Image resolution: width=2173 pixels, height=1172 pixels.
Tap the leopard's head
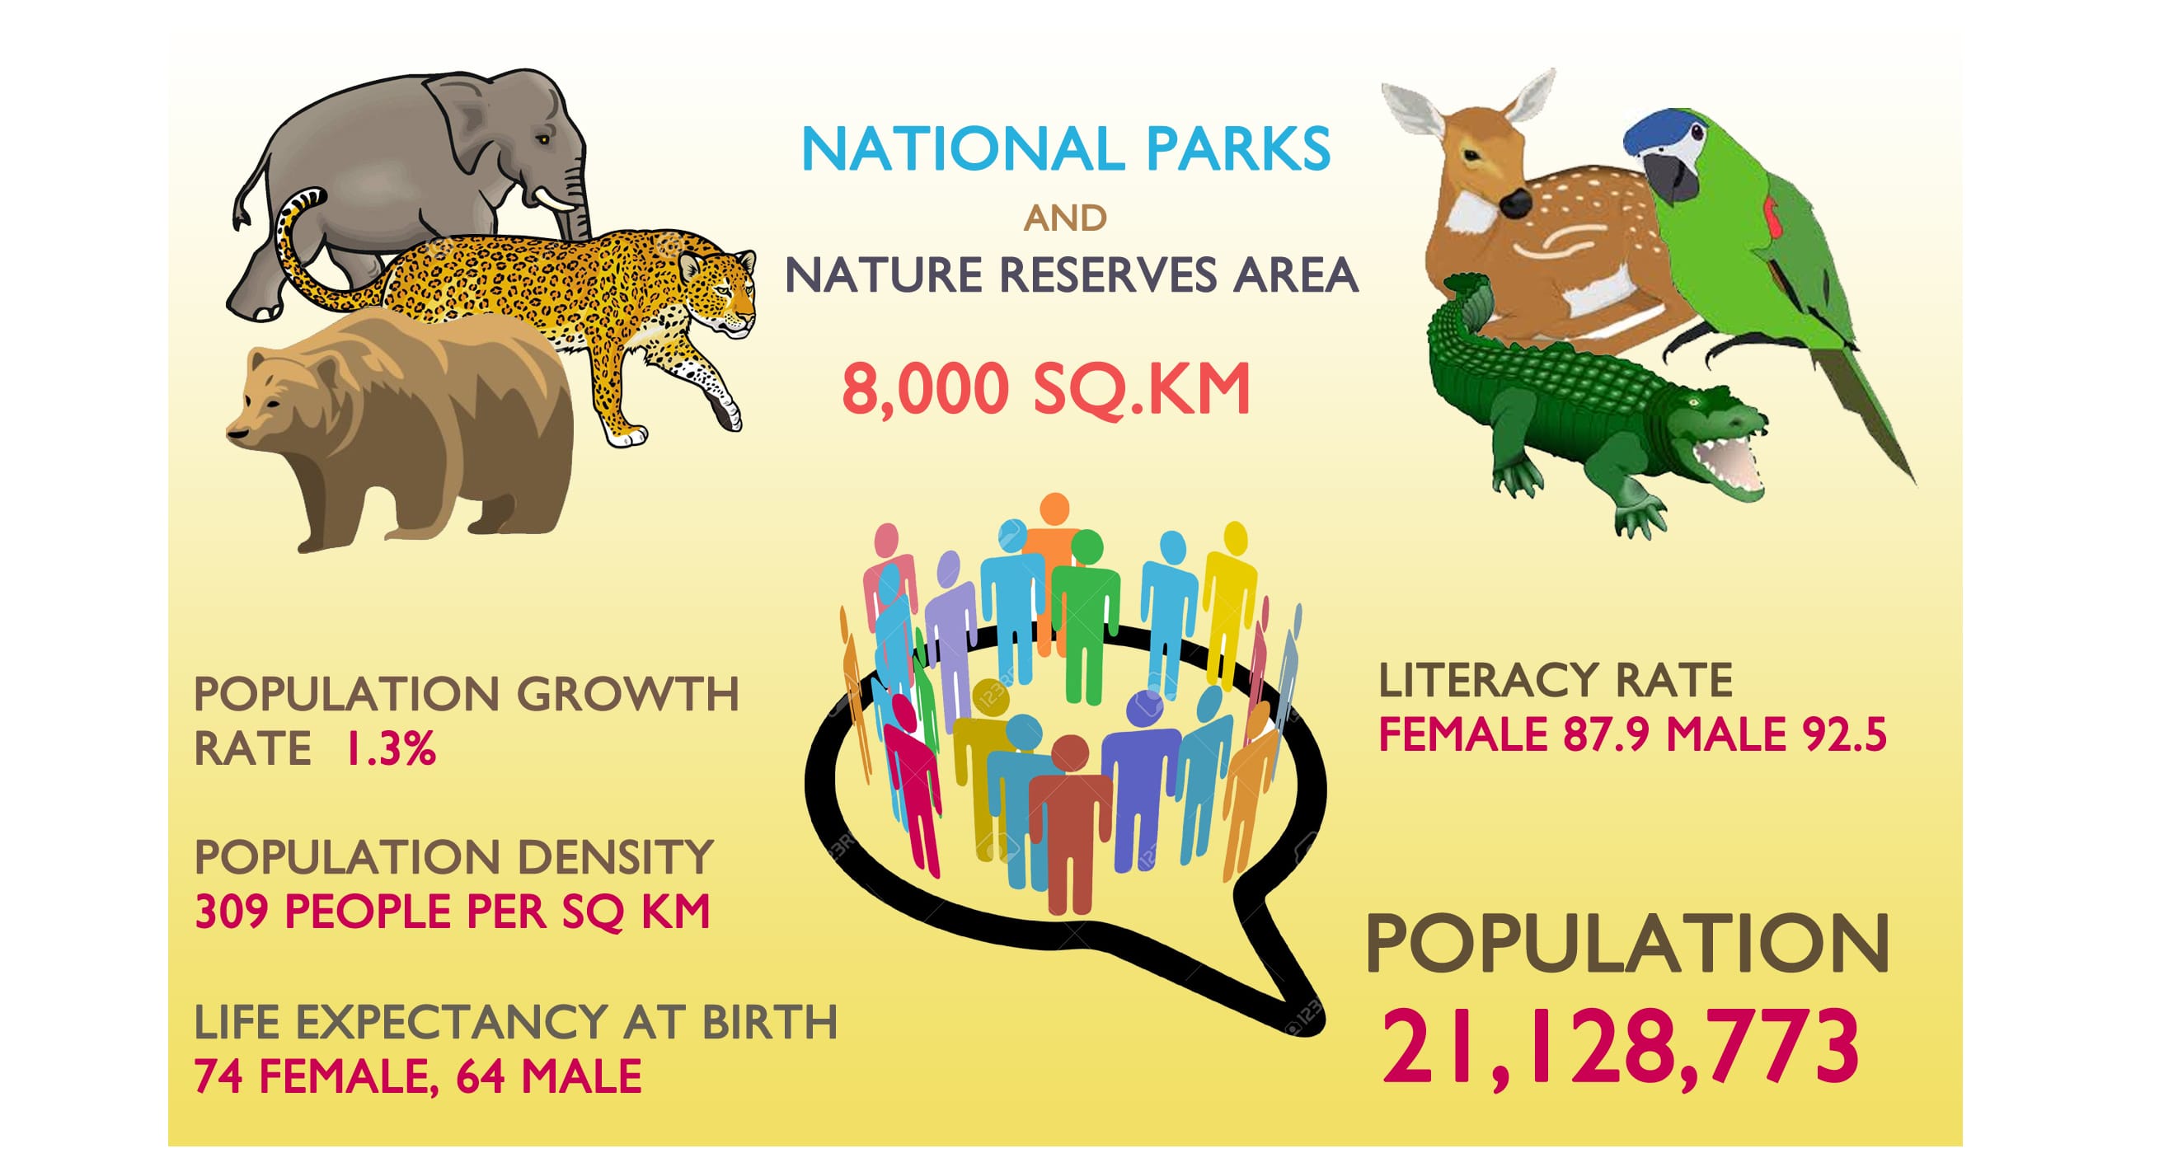717,291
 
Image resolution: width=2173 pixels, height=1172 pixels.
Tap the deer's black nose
1515,203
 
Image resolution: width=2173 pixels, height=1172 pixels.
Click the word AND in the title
1064,218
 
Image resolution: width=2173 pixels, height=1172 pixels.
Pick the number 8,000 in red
926,390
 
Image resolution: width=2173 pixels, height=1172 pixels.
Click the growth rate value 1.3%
391,748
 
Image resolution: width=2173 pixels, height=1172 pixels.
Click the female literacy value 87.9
1605,734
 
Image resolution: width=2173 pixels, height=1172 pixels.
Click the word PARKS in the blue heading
1237,149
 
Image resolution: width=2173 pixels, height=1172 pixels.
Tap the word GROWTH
627,695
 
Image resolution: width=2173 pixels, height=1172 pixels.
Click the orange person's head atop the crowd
1054,509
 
